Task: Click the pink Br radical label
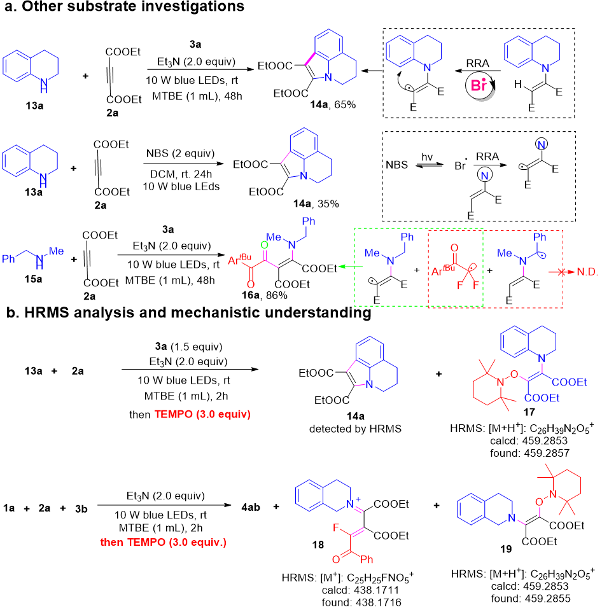coord(479,86)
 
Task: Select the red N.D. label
coord(587,272)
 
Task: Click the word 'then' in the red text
coord(112,542)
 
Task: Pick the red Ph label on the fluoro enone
coord(367,560)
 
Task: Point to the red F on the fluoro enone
coord(336,528)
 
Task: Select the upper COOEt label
coord(568,382)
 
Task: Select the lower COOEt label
coord(542,398)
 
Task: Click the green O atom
coord(265,245)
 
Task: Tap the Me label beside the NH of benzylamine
coord(57,252)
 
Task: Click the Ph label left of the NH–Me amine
coord(9,259)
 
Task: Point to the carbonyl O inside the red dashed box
coord(454,247)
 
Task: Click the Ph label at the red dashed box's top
coord(540,237)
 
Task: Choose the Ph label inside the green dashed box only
coord(407,237)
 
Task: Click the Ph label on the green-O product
coord(309,221)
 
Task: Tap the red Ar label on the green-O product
coord(234,261)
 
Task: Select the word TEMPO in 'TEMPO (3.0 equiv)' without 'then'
coord(173,414)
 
